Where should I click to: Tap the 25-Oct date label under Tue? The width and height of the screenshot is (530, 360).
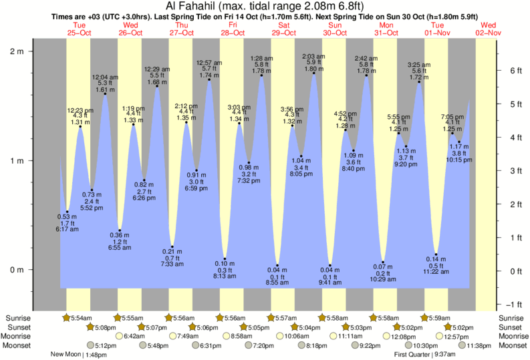(x=80, y=33)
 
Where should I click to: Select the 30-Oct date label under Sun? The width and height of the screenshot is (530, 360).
(x=335, y=33)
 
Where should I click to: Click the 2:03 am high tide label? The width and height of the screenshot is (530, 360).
(x=314, y=56)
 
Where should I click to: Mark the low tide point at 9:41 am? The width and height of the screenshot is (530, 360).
(x=329, y=265)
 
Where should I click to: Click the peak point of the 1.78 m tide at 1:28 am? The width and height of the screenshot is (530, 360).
(x=262, y=75)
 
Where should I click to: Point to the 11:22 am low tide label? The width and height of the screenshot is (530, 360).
(x=436, y=272)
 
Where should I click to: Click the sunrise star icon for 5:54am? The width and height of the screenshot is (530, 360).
(x=66, y=318)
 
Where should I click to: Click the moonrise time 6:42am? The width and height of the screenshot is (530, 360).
(x=134, y=336)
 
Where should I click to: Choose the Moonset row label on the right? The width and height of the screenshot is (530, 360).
(x=512, y=345)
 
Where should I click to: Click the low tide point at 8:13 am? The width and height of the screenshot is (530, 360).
(x=225, y=258)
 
